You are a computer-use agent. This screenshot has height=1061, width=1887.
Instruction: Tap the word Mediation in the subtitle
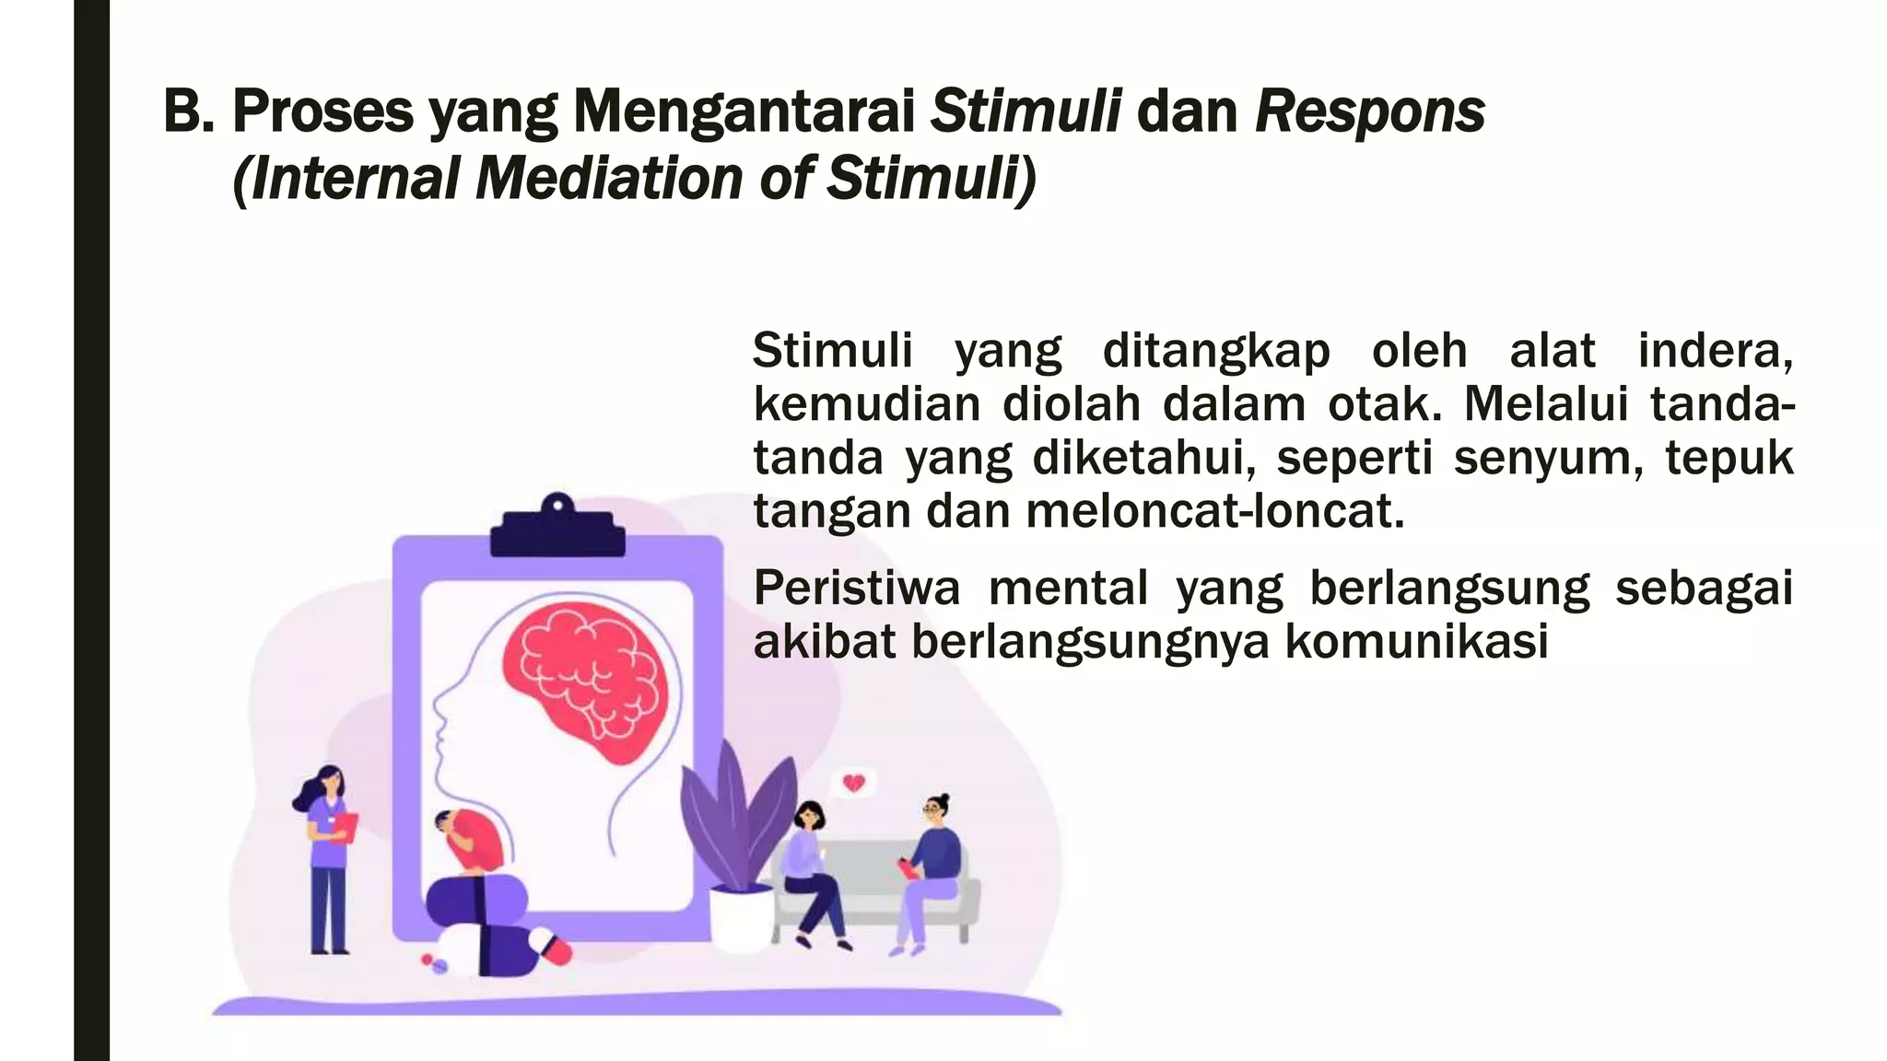pyautogui.click(x=608, y=178)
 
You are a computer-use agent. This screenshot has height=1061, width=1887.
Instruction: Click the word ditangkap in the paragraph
pyautogui.click(x=1216, y=351)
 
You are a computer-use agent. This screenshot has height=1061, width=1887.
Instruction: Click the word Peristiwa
pyautogui.click(x=856, y=589)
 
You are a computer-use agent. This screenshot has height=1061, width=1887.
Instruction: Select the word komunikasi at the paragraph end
pyautogui.click(x=1416, y=642)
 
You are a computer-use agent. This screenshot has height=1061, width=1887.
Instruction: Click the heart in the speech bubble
pyautogui.click(x=854, y=784)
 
